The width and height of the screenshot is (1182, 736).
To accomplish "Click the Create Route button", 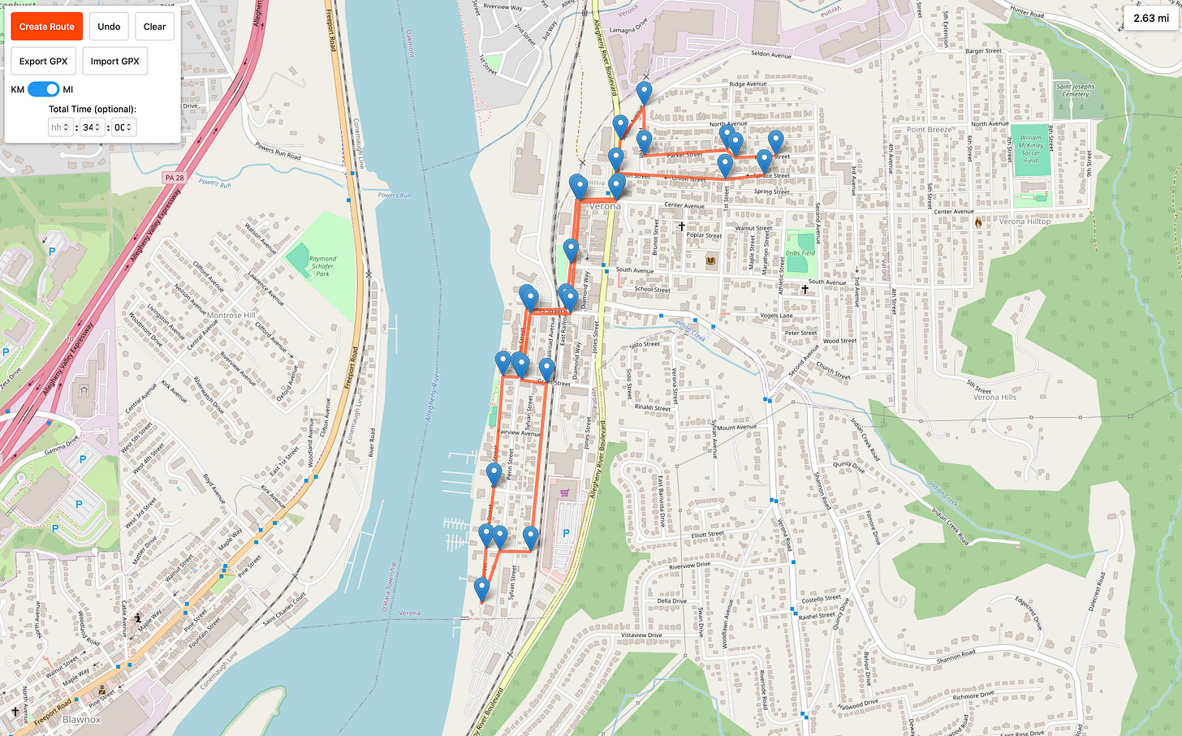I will click(46, 27).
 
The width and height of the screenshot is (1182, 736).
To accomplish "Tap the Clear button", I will click(154, 27).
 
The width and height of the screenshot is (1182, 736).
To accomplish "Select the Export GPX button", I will click(44, 61).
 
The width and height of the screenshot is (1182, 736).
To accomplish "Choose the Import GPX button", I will click(114, 61).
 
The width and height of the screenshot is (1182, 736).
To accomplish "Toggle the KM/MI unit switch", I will click(43, 89).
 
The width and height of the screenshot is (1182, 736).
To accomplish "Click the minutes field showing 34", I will click(91, 127).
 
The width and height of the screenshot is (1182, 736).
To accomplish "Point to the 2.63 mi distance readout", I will click(1151, 18).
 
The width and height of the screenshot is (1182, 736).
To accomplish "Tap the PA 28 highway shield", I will click(175, 177).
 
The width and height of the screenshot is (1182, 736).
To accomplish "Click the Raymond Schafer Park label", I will click(322, 266).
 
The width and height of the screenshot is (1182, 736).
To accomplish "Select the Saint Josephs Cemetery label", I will click(1075, 90).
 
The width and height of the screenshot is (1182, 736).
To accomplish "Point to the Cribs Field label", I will click(800, 253).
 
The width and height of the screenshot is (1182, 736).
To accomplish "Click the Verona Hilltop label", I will click(1025, 222).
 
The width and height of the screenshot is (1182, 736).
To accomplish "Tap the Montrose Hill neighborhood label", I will click(231, 315).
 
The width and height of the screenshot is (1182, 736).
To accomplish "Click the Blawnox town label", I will click(82, 719).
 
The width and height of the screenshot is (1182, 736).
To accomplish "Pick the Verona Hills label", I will click(994, 397).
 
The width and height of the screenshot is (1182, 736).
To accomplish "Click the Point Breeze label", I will click(930, 130).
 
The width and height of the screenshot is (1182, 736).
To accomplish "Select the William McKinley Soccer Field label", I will click(1030, 149).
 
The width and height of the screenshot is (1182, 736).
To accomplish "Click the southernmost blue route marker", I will click(482, 590).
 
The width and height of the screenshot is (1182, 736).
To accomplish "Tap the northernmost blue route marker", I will click(644, 93).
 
